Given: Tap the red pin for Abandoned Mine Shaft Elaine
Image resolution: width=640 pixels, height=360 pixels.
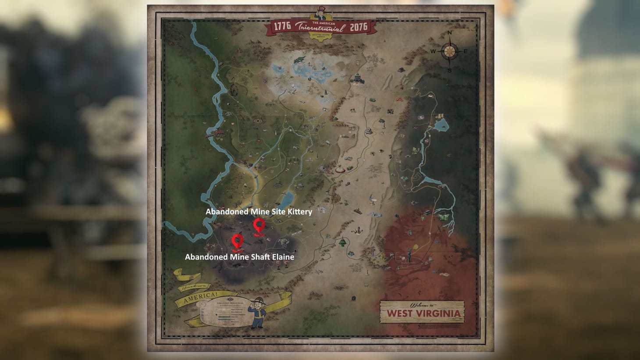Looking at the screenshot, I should coord(238,241).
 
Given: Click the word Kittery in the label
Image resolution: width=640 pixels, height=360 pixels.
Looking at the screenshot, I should coord(297,212).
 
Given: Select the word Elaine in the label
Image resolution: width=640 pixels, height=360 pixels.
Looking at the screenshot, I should coord(282,257).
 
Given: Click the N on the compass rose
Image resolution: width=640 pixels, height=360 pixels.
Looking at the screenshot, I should coord(449,33).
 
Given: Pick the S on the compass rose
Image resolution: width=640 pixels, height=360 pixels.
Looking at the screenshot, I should coord(449,70).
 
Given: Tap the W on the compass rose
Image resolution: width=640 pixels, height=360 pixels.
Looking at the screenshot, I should coord(433,52).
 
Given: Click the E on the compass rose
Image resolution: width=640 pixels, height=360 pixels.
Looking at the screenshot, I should coord(465,52).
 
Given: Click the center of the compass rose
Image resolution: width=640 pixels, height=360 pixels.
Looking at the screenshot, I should coord(449,51).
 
